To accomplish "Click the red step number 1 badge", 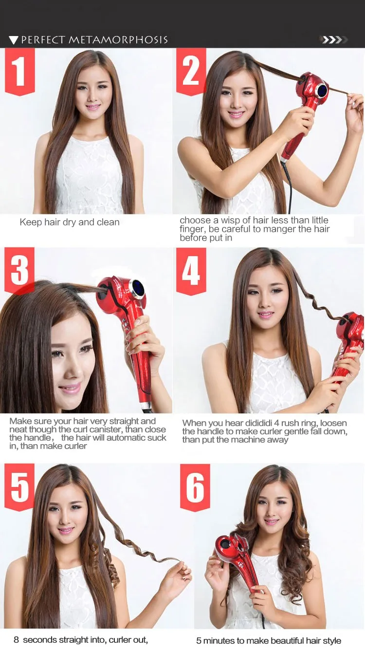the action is [x=20, y=72].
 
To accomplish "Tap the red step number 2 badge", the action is [x=191, y=72].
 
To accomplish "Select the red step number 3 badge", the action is [x=19, y=271].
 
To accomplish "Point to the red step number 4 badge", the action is [x=191, y=271].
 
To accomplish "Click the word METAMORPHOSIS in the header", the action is [x=118, y=40].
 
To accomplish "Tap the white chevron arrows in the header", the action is [x=333, y=39].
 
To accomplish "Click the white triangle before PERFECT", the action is [x=14, y=40].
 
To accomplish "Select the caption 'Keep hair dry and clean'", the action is [x=70, y=222].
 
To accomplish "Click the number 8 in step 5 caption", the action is [x=17, y=640].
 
